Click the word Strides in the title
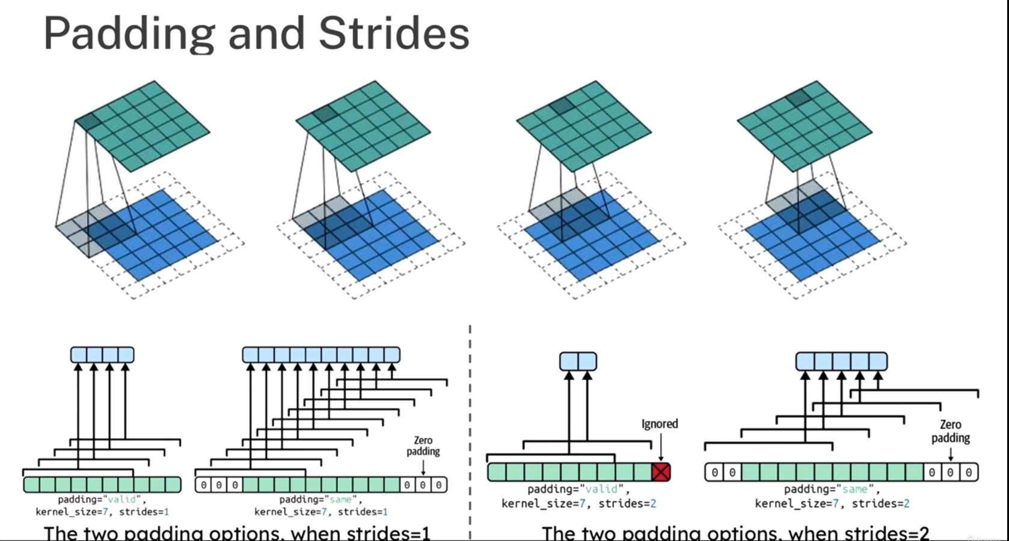tap(394, 34)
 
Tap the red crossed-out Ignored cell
tap(661, 472)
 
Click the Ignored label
tap(660, 424)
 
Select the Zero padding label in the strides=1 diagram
tap(423, 446)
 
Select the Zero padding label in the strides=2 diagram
tap(951, 431)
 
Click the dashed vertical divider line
tap(470, 421)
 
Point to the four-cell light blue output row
tap(102, 355)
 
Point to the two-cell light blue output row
tap(578, 361)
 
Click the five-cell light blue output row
tap(841, 361)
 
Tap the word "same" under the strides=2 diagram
tap(854, 489)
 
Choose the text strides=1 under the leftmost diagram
tap(144, 512)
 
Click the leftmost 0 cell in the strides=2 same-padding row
tap(714, 472)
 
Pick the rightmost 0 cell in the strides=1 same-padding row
tap(439, 485)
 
